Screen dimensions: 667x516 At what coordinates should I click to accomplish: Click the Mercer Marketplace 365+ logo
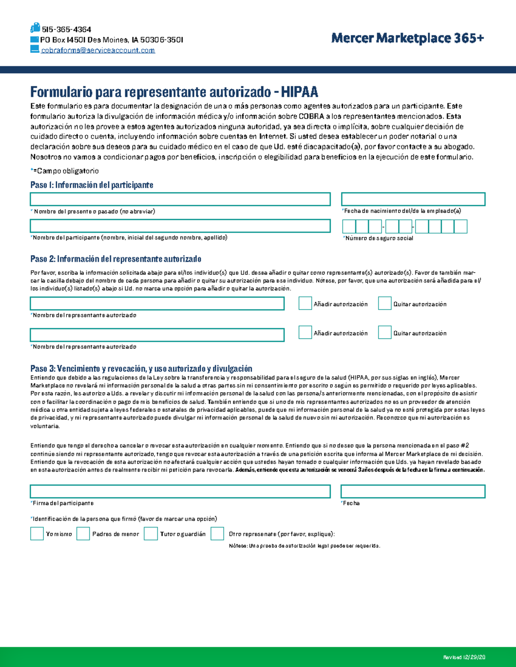pos(407,39)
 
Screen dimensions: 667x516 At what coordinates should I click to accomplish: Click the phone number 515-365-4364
pos(66,30)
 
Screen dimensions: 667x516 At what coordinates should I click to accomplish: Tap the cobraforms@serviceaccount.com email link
pos(98,50)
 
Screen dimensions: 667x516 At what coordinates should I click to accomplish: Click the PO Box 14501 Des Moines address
pos(111,40)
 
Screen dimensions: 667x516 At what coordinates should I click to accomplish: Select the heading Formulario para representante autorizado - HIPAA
pos(174,92)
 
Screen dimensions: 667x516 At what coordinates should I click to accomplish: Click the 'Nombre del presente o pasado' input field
pos(180,199)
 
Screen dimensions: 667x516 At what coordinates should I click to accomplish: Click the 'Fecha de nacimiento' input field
pos(413,199)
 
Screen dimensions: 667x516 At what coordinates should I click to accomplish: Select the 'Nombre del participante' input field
pos(180,226)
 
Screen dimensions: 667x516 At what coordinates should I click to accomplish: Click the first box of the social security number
pos(349,226)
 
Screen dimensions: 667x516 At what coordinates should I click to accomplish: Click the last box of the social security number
pos(461,226)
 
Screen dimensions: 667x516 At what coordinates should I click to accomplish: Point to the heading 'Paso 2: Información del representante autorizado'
pos(116,259)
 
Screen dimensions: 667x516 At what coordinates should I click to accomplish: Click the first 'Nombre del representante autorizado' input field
pos(157,304)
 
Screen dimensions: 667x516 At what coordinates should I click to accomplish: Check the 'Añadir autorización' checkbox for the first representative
pos(305,303)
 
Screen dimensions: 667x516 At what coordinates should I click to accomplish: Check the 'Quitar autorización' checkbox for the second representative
pos(384,332)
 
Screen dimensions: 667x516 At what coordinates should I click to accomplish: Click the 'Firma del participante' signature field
pos(180,491)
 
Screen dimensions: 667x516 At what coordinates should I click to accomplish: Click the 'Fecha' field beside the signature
pos(413,491)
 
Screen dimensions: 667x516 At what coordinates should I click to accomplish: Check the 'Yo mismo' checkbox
pos(37,533)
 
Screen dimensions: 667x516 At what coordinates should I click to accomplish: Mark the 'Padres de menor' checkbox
pos(83,533)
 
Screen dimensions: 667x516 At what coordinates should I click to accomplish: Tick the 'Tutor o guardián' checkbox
pos(150,533)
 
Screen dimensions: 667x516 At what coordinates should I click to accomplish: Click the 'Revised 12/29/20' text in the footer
pos(464,657)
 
